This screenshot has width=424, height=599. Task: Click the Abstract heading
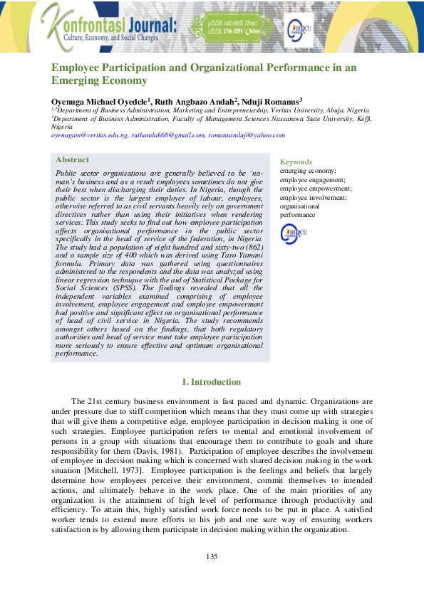point(72,160)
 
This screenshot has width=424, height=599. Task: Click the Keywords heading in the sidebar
point(296,162)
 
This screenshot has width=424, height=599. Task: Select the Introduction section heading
point(212,383)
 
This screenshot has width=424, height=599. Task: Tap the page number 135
point(212,556)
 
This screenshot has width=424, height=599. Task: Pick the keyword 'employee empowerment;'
point(314,189)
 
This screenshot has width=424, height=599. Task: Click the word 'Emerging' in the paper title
point(76,81)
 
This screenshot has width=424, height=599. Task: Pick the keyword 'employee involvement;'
point(312,198)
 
